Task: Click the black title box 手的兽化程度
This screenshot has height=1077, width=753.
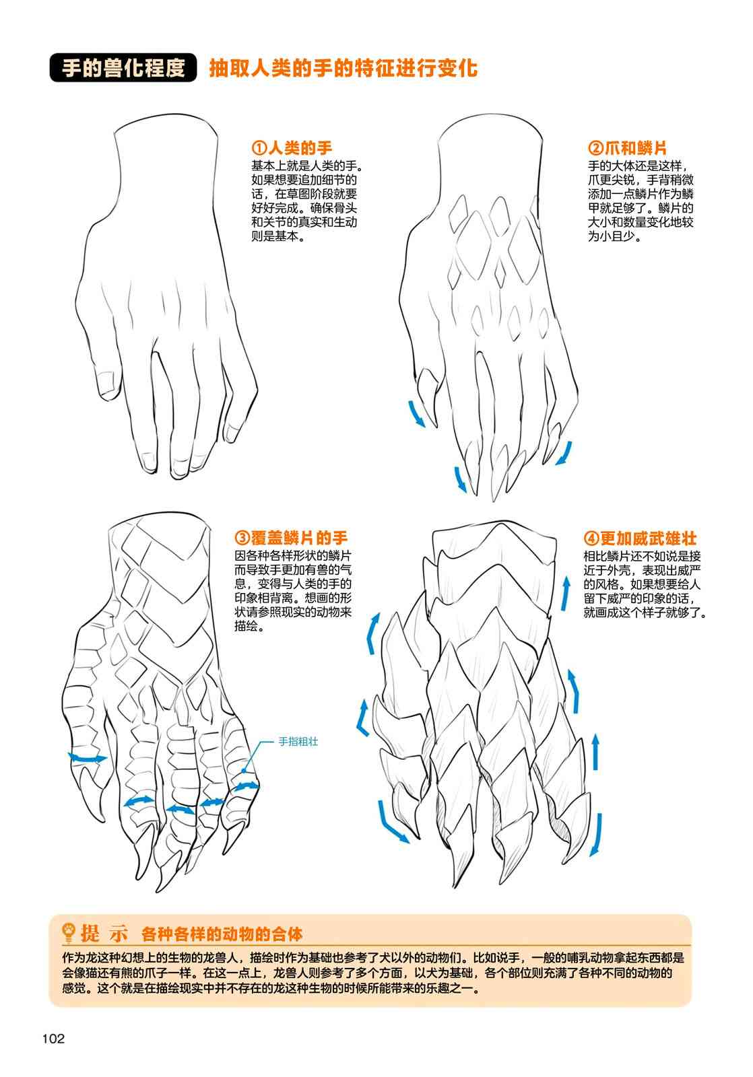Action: [123, 67]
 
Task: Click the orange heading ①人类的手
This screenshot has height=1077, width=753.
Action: [292, 147]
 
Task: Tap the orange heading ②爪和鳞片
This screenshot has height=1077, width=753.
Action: [627, 147]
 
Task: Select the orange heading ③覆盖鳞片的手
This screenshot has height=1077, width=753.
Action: [290, 538]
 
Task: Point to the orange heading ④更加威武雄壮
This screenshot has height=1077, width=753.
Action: [640, 538]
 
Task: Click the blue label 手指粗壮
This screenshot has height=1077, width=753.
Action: [298, 741]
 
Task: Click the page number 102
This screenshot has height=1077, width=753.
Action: [53, 1039]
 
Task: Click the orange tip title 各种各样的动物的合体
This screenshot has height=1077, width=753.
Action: [222, 934]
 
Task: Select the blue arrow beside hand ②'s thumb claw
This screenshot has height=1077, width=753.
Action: [416, 413]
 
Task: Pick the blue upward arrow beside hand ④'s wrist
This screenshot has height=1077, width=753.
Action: [566, 593]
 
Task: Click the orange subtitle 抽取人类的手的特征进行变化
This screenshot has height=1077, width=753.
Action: [343, 68]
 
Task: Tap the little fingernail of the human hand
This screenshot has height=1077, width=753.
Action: [232, 432]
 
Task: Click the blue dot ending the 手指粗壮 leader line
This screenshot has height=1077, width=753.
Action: [244, 770]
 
